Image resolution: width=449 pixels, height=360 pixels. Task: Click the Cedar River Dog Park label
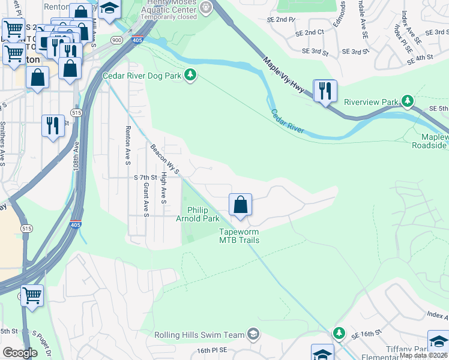[142, 76]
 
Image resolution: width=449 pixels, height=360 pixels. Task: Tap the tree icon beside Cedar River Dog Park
[191, 75]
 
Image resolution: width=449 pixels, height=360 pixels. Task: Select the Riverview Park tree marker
[408, 101]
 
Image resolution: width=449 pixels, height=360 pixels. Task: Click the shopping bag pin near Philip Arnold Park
[240, 205]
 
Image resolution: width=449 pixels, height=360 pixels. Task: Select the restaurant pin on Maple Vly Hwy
[325, 91]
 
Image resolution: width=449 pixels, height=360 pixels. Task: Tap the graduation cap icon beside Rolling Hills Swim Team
[254, 334]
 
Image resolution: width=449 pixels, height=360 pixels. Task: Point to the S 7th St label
[145, 178]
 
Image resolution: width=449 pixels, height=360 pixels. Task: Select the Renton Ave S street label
[128, 146]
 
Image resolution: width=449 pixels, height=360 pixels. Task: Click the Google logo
[20, 353]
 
